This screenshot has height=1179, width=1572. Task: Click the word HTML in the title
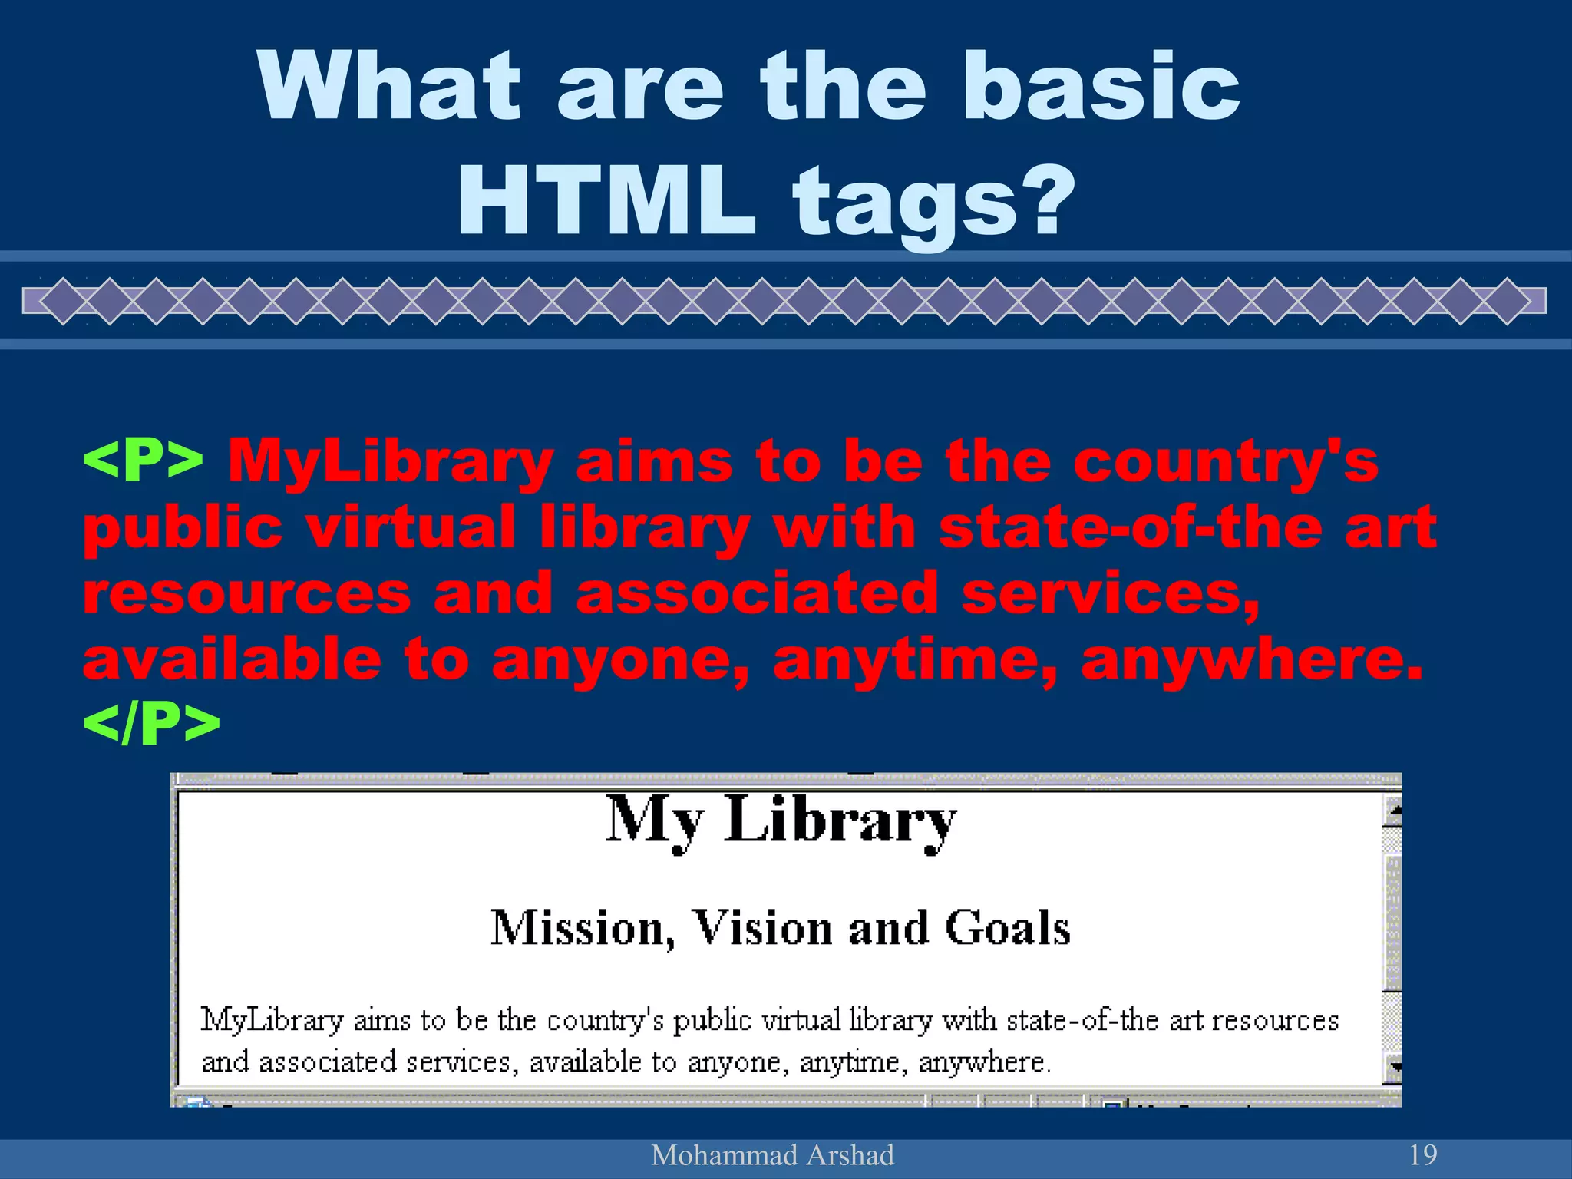[606, 201]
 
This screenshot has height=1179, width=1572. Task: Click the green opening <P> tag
[144, 461]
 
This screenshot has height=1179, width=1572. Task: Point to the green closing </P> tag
[151, 723]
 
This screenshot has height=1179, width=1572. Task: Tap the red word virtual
[411, 528]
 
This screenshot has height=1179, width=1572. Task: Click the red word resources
[247, 593]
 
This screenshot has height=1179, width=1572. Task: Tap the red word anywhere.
[1251, 660]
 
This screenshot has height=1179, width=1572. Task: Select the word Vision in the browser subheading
[762, 927]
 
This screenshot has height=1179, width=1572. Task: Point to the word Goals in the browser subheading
[1007, 927]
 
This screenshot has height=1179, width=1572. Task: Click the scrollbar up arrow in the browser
[1392, 811]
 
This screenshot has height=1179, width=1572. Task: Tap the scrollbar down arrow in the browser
[1392, 1067]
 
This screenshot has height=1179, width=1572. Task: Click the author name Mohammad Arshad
[772, 1155]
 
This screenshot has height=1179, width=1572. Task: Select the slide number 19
[1423, 1154]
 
